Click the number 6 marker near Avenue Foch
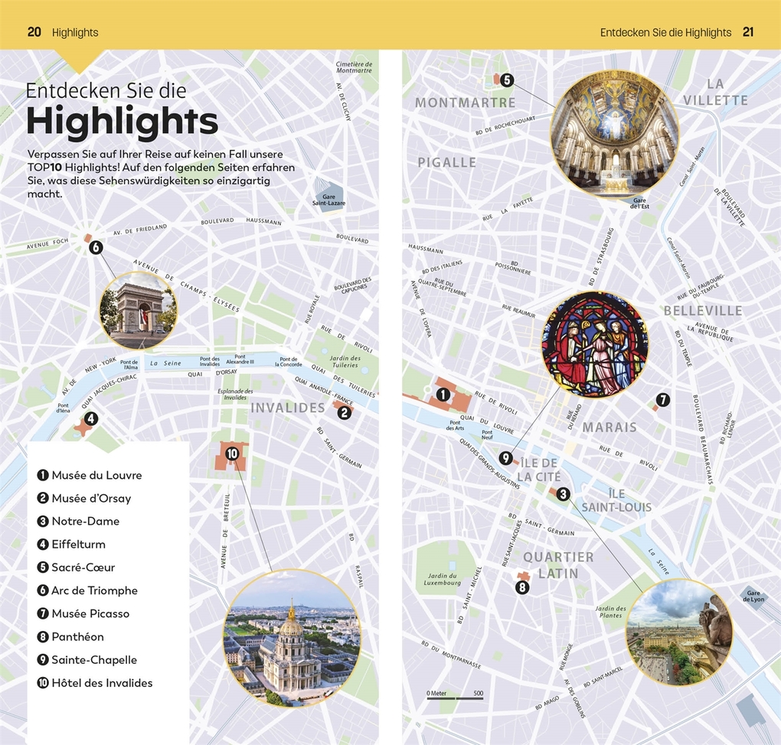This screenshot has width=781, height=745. click(x=96, y=247)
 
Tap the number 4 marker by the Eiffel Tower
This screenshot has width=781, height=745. click(x=91, y=418)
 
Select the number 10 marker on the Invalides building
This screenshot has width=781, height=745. click(x=232, y=454)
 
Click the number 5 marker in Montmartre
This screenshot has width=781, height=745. click(x=507, y=79)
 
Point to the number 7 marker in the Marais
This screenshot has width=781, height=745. click(x=663, y=399)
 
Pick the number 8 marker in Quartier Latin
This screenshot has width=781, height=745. click(x=522, y=587)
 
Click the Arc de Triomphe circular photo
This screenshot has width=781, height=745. click(x=138, y=311)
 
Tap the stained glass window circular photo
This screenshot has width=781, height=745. click(x=595, y=344)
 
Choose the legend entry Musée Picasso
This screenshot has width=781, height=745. click(x=90, y=613)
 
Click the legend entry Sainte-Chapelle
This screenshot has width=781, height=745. click(x=94, y=659)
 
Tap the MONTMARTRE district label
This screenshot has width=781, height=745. click(x=465, y=102)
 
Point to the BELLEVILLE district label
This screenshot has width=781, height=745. click(x=703, y=311)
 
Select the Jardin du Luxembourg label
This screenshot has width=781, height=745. click(x=443, y=579)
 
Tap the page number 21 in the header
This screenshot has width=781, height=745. click(x=748, y=32)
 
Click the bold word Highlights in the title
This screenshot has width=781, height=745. click(x=123, y=122)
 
